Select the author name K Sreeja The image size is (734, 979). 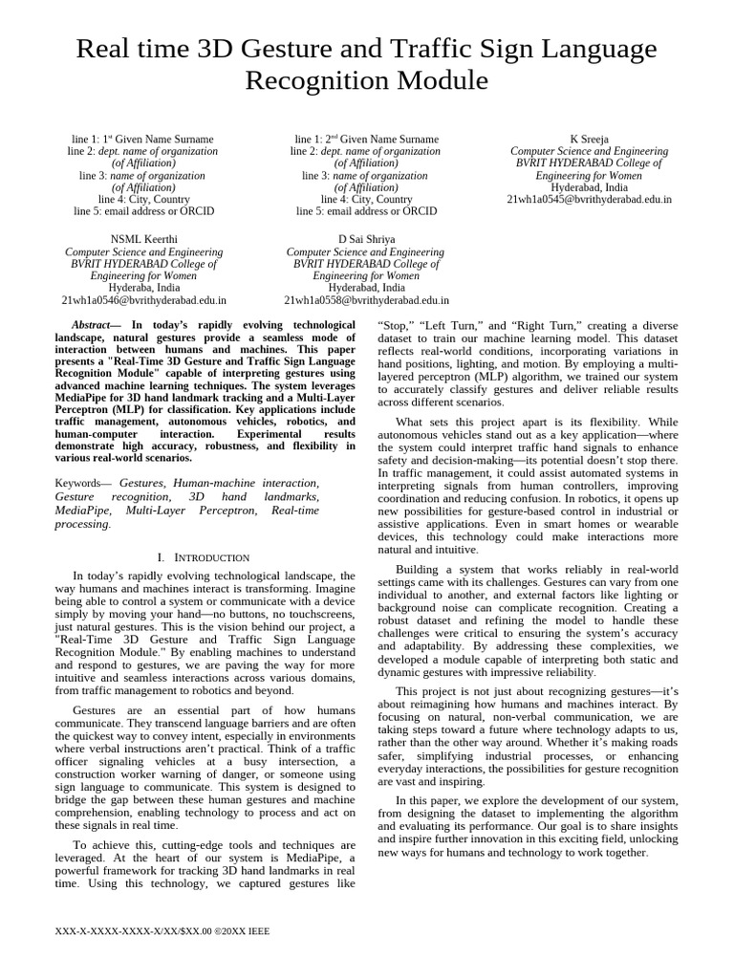click(589, 140)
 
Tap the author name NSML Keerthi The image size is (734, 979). click(143, 239)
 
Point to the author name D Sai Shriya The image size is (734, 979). click(366, 239)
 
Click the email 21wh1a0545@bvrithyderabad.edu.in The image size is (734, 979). click(589, 200)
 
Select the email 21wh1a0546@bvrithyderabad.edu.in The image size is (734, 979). click(143, 299)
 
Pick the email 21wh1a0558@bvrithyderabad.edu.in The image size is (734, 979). click(366, 299)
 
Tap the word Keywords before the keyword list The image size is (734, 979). click(81, 485)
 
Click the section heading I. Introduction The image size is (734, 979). click(203, 556)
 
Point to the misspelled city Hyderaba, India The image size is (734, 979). click(143, 287)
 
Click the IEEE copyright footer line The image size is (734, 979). click(164, 930)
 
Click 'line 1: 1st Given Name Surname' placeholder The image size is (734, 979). click(143, 140)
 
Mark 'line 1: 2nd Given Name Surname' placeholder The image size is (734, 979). click(366, 140)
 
